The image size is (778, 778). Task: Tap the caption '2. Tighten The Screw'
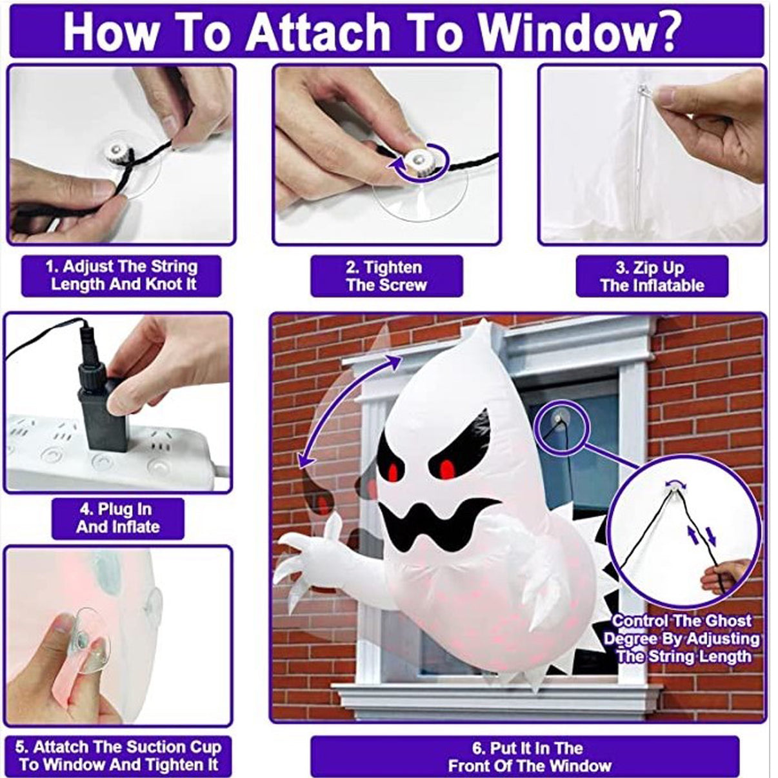click(x=386, y=276)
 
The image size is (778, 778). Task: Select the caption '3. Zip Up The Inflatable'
click(x=652, y=276)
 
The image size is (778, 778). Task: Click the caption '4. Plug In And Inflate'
click(x=117, y=518)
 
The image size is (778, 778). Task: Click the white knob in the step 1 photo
click(x=118, y=154)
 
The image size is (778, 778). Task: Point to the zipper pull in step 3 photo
click(x=643, y=91)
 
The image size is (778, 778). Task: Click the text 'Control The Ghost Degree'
click(x=681, y=630)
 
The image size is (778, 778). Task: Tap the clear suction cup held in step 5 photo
click(x=90, y=635)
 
